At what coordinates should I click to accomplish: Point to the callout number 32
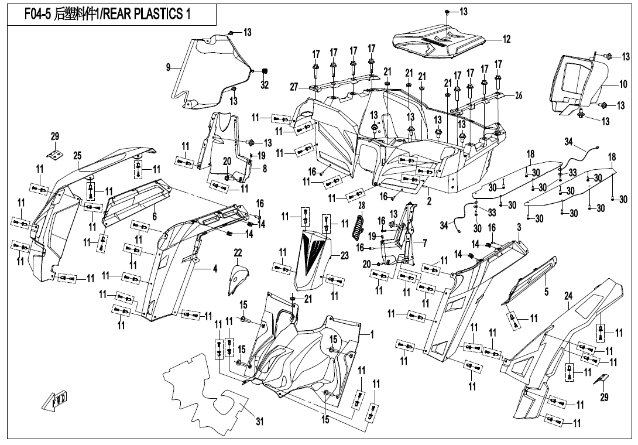(265, 85)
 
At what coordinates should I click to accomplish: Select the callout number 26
(518, 96)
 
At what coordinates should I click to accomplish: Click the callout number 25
(77, 155)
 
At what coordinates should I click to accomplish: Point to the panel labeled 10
(577, 82)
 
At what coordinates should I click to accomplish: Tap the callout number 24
(568, 297)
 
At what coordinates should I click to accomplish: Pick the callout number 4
(215, 269)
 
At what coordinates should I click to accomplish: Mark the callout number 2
(429, 201)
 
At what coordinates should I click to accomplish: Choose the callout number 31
(259, 420)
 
